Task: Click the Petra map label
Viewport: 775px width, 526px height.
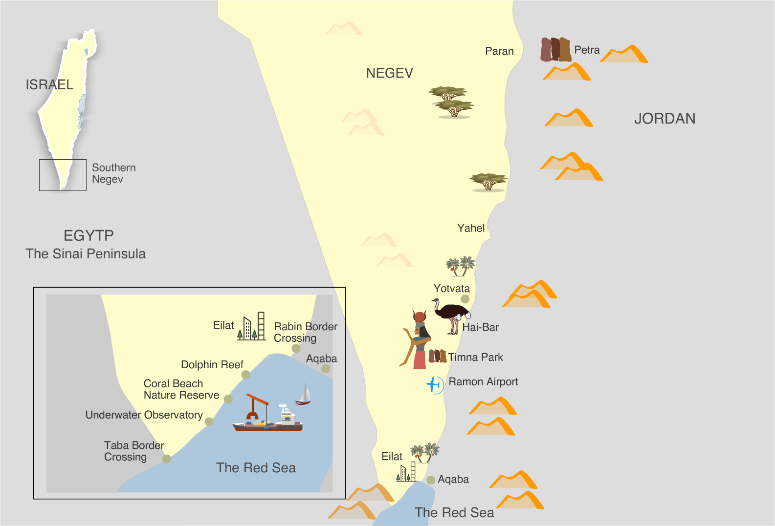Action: [587, 50]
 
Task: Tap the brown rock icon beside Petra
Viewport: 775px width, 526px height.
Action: [555, 49]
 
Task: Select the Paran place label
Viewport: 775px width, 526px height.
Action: [499, 51]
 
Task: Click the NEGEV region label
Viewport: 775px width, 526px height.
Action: [389, 73]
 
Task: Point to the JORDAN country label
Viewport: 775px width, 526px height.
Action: [664, 119]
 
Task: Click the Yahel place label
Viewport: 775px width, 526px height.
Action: [471, 228]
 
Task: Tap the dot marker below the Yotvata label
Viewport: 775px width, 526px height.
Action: [465, 299]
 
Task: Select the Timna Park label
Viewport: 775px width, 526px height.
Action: [475, 358]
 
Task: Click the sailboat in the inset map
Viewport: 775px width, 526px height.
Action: [304, 395]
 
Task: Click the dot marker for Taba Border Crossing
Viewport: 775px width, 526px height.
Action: [167, 459]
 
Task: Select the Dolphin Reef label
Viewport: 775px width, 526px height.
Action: [212, 365]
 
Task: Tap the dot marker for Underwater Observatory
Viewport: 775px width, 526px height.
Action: [209, 421]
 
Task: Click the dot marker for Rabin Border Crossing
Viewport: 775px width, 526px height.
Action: [296, 348]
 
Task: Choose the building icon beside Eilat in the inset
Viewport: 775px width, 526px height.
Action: [252, 327]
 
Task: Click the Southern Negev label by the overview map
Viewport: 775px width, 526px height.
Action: [113, 173]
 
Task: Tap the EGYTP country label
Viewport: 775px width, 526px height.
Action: [89, 235]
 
